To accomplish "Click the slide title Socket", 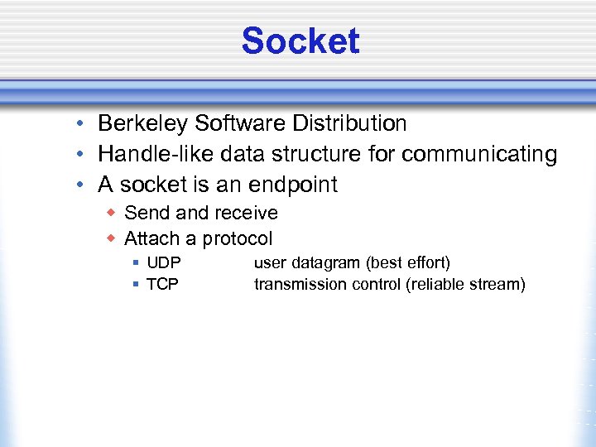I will pyautogui.click(x=300, y=41).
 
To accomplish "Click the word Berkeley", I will pyautogui.click(x=143, y=124).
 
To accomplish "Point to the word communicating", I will pyautogui.click(x=488, y=154).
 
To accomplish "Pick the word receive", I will pyautogui.click(x=245, y=213).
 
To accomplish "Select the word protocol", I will pyautogui.click(x=237, y=239).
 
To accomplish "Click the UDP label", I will pyautogui.click(x=163, y=263).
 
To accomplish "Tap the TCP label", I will pyautogui.click(x=162, y=285).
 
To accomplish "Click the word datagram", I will pyautogui.click(x=325, y=263).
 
